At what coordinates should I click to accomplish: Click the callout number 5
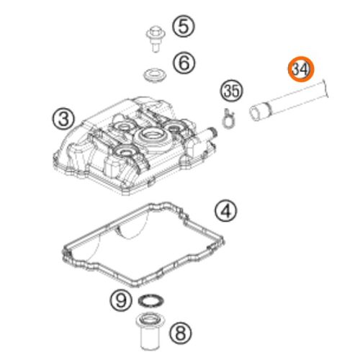click(184, 27)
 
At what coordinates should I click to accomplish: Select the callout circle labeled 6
click(184, 63)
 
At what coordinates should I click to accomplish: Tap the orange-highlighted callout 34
click(301, 69)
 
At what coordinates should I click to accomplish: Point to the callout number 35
click(232, 91)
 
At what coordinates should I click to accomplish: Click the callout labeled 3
click(64, 119)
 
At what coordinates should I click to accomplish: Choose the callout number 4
click(226, 212)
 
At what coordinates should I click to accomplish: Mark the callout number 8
click(181, 333)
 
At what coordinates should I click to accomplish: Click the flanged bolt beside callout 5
click(156, 39)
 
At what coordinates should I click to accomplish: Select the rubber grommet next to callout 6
click(155, 76)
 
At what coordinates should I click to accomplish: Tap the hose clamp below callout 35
click(229, 119)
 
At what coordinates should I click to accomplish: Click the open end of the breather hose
click(255, 113)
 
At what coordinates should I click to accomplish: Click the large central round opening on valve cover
click(151, 134)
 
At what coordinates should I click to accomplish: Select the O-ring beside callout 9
click(151, 300)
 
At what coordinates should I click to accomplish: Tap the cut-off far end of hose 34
click(326, 89)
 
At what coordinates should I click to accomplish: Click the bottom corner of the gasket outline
click(135, 286)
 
